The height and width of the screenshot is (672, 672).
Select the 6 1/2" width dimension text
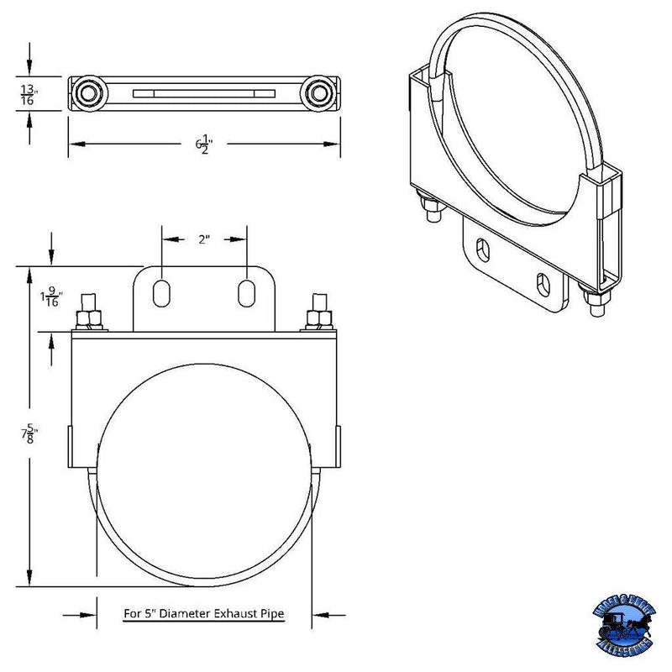coord(202,144)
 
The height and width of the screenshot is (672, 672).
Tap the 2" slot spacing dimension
coord(203,239)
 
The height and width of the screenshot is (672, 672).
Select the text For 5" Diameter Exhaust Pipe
coord(204,614)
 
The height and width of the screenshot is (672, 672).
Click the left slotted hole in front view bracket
coord(161,291)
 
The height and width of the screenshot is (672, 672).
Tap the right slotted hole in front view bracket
coord(246,291)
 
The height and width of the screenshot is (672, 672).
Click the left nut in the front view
coord(89,318)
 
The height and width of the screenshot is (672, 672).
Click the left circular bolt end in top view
coord(87,92)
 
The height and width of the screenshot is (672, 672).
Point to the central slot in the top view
coord(204,92)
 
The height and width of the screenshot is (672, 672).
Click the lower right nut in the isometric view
coord(596,298)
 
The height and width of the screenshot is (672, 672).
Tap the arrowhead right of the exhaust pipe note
coord(318,614)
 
